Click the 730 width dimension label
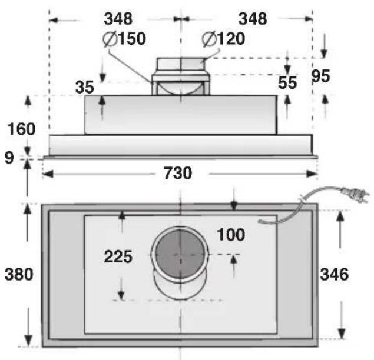178,173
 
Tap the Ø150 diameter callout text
124,39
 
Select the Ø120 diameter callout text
223,39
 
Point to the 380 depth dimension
19,274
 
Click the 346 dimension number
334,274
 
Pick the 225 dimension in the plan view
118,256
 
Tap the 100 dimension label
231,235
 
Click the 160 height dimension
21,129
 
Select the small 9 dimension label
9,158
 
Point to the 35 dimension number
85,88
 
